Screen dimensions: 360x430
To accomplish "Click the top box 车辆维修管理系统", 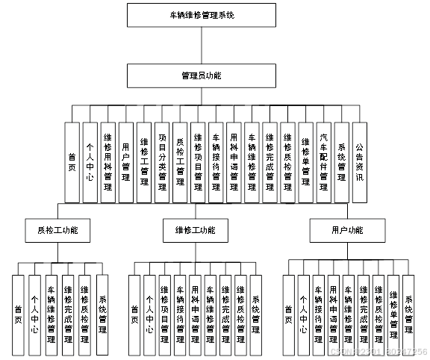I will pos(201,15).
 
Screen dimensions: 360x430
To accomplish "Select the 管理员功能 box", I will pos(201,76).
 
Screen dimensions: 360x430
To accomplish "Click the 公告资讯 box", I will pos(359,162).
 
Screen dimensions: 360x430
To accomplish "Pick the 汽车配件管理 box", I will pos(323,162).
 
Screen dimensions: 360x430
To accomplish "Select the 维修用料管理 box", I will pos(107,162).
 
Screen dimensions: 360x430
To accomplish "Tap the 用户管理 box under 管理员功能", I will pos(125,162).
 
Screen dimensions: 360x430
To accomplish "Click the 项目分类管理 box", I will pos(162,162).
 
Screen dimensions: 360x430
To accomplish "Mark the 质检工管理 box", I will pos(180,162).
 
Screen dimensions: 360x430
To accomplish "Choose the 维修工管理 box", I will pos(143,162).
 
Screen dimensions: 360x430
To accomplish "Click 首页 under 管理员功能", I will pos(72,162).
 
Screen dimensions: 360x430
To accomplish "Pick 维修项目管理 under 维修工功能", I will pos(164,314).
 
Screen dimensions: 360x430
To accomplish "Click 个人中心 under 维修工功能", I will pos(149,314).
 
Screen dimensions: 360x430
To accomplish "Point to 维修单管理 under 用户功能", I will pos(393,314).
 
